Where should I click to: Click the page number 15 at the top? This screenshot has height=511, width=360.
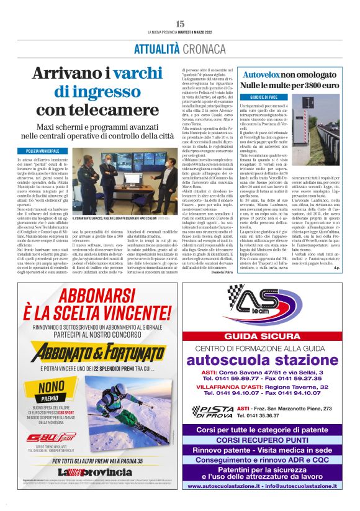coord(180,24)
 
